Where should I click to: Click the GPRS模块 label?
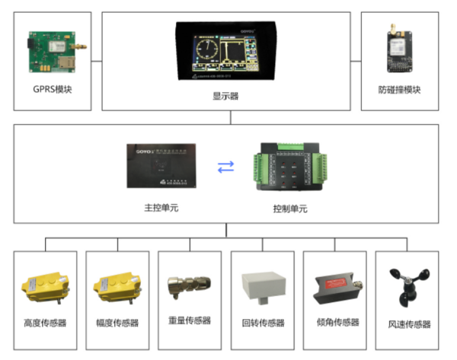point(54,90)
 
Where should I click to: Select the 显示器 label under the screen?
point(226,97)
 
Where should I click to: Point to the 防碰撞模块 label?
point(399,90)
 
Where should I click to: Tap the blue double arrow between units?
point(226,168)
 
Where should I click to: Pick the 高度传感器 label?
point(46,323)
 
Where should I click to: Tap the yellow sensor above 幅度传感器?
point(117,285)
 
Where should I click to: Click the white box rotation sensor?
point(262,285)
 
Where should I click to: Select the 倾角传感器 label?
point(334,323)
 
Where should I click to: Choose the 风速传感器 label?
point(409,324)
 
